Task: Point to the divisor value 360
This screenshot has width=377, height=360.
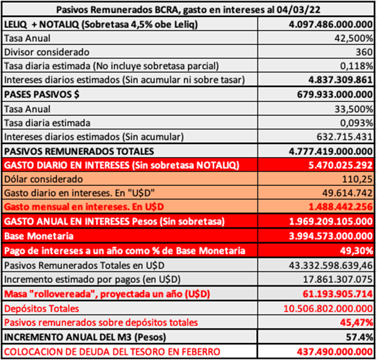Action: coord(363,51)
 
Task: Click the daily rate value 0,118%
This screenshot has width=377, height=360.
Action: coord(357,65)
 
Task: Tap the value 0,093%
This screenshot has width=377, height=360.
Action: coord(357,122)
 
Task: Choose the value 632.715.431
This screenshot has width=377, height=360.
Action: coord(341,136)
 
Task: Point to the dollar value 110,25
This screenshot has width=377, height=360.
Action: coord(358,179)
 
